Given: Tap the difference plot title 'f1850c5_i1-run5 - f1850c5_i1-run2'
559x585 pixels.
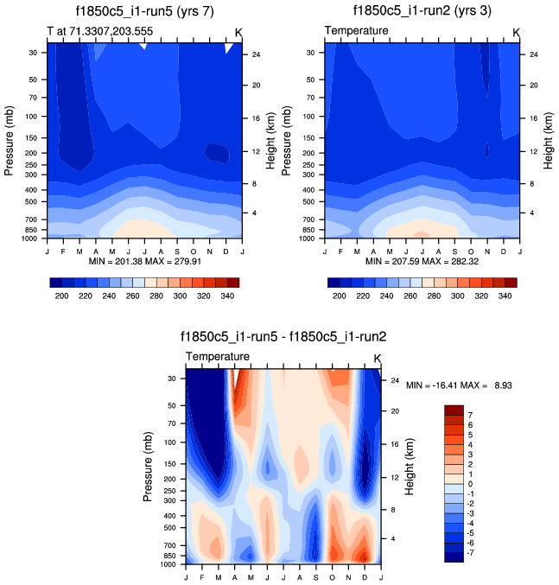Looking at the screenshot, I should point(281,337).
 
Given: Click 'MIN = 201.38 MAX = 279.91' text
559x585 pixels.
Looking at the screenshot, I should point(143,261).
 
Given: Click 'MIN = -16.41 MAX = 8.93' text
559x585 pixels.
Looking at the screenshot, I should point(459,385).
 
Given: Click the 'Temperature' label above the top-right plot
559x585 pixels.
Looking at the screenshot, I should point(356,31).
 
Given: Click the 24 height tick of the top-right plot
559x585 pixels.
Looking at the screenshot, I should point(534,54).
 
